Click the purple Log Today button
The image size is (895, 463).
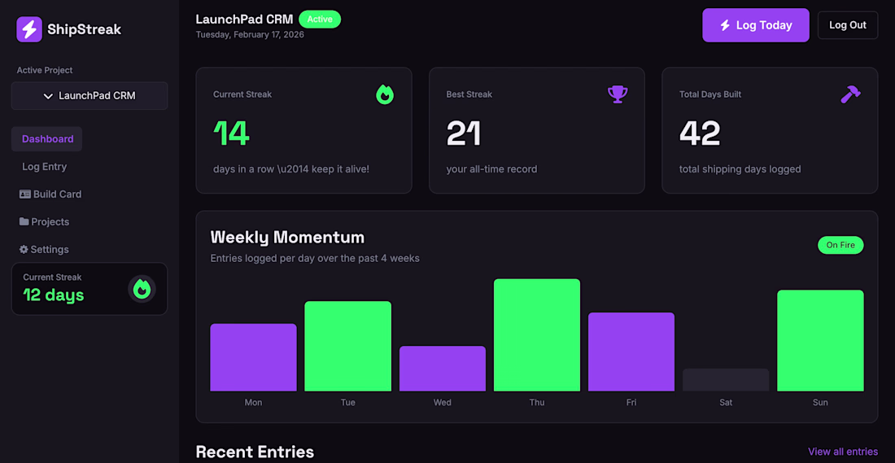[756, 25]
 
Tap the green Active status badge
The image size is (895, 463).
[320, 20]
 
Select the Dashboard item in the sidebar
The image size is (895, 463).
[47, 138]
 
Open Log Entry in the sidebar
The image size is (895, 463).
[45, 167]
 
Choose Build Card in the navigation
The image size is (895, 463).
[50, 194]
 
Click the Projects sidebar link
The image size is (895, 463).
[44, 221]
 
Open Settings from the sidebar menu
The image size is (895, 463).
[44, 250]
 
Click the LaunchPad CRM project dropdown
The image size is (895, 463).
[89, 96]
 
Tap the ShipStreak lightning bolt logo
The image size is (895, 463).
[29, 29]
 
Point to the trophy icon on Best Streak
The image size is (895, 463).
[618, 94]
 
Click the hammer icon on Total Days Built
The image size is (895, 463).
[850, 94]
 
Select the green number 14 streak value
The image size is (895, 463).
[232, 133]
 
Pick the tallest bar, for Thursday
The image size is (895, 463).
[536, 335]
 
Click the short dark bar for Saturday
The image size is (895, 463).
[726, 380]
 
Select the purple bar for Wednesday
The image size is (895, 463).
[443, 369]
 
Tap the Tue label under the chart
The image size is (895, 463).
[347, 403]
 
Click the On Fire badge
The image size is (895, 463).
[840, 245]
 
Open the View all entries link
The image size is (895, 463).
[843, 452]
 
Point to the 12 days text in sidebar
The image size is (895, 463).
[54, 295]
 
